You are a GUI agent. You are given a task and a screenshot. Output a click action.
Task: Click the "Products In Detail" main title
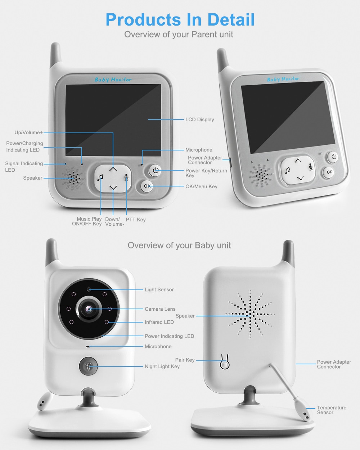click(x=180, y=20)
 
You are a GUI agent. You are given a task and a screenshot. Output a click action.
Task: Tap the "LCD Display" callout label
click(x=199, y=120)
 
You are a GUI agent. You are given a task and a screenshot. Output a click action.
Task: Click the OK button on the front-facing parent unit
click(x=147, y=186)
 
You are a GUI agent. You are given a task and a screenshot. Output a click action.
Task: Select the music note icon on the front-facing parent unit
click(x=100, y=177)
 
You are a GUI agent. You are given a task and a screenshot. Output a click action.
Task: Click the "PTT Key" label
click(x=135, y=220)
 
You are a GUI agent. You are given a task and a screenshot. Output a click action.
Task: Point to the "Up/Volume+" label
click(x=28, y=132)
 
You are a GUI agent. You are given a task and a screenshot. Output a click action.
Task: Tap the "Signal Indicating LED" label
click(x=24, y=167)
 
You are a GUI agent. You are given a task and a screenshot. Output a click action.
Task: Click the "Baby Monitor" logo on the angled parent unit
click(x=283, y=79)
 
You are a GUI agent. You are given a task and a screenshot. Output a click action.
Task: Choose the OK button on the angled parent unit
click(x=329, y=172)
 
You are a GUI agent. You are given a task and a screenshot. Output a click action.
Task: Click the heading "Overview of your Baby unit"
click(x=179, y=246)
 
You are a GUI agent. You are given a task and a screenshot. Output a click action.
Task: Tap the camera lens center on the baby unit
click(x=89, y=309)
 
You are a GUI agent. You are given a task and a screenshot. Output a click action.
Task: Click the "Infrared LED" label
click(x=159, y=322)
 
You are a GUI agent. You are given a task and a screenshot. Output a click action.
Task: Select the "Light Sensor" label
click(x=159, y=289)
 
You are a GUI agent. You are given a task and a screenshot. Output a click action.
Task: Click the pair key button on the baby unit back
click(x=225, y=364)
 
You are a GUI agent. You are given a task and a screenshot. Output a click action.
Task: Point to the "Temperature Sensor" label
click(x=331, y=410)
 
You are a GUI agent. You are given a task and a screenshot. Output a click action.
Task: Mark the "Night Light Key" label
click(x=162, y=366)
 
